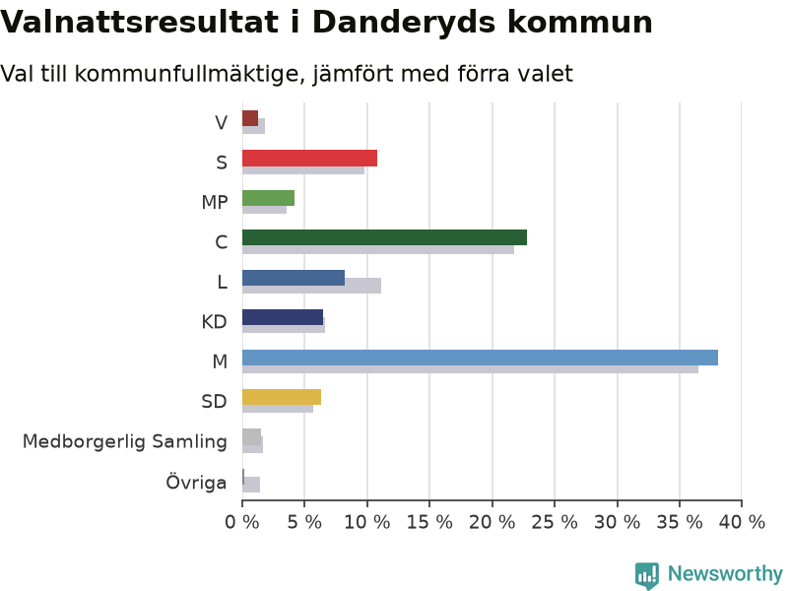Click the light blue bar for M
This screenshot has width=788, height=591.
tap(480, 358)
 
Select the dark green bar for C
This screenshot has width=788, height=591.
tap(384, 237)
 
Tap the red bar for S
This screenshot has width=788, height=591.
tap(309, 159)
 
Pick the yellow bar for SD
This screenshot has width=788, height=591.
tap(282, 397)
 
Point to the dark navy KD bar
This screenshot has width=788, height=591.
tap(283, 317)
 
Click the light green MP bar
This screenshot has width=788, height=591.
tap(268, 198)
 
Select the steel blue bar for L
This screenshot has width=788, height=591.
tap(294, 278)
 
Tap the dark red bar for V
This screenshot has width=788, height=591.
tap(250, 118)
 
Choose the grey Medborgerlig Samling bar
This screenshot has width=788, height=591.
tap(252, 437)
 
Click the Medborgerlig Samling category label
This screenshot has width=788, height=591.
tap(125, 441)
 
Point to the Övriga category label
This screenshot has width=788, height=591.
tap(196, 482)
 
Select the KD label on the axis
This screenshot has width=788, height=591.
tap(215, 322)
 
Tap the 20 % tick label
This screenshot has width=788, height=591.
tap(492, 523)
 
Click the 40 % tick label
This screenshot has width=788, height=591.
tap(742, 523)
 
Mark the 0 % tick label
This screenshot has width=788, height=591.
tap(242, 523)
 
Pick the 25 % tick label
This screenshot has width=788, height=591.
tap(555, 523)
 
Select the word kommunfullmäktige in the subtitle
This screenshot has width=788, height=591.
tap(190, 74)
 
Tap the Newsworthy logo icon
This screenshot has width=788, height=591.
tap(647, 575)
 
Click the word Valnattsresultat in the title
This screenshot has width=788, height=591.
tap(139, 23)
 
